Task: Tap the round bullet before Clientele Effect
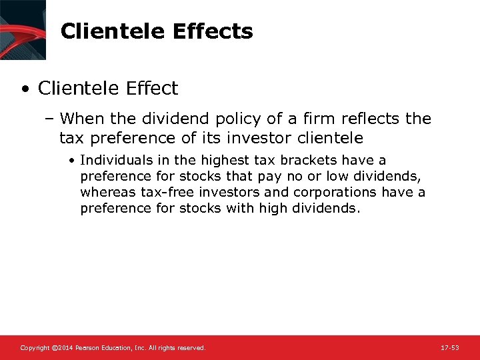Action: tap(25, 89)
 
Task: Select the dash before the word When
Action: tap(49, 119)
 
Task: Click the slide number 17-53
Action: tap(450, 348)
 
